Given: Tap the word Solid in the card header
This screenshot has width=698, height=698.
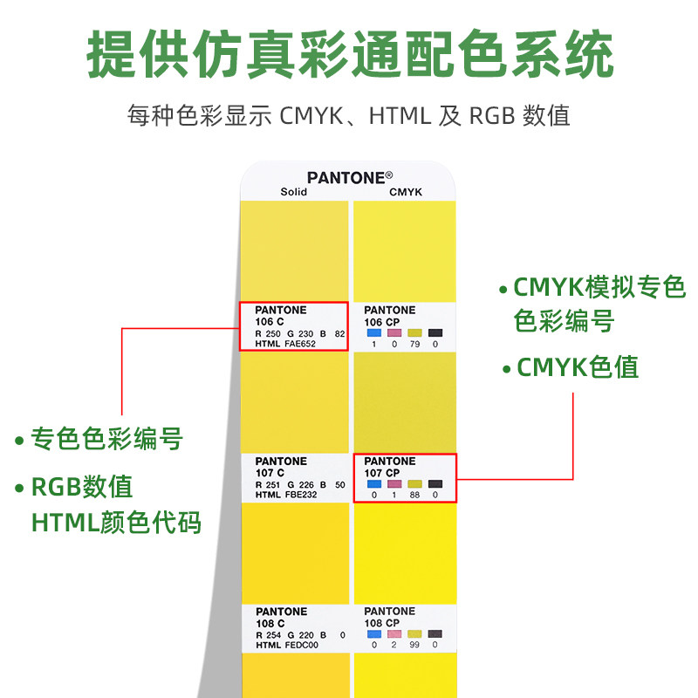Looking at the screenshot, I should tap(293, 192).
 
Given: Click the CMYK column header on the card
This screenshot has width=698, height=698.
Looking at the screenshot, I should tap(406, 192).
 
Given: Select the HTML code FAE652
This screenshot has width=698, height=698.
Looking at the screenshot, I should tap(300, 344).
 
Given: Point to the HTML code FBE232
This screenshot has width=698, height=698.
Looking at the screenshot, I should tap(300, 495).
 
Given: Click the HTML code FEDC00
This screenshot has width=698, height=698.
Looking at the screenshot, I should tap(300, 646).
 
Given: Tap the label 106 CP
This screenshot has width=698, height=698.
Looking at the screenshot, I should tap(381, 322).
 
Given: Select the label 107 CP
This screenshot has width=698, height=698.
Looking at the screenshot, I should tap(381, 472).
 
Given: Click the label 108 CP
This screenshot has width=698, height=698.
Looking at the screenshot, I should tap(381, 623).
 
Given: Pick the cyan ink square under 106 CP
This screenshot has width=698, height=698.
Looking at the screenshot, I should tap(374, 332).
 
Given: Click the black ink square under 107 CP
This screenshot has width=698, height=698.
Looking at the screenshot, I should tap(435, 483).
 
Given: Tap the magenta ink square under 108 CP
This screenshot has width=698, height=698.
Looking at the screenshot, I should tap(394, 633).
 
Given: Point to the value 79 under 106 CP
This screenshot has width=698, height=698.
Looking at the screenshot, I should tap(414, 344).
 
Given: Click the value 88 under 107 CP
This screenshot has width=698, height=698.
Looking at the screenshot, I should tap(414, 495).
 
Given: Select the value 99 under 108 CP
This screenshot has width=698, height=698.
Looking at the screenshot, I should tap(414, 646).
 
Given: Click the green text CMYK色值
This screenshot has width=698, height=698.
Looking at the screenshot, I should tap(577, 367).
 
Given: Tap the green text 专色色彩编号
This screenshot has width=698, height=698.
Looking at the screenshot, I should tap(106, 438).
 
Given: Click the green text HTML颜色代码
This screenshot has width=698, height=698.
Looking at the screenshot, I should tap(116, 522).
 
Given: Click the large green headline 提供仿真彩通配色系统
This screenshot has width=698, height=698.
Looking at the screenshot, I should tap(349, 57).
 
